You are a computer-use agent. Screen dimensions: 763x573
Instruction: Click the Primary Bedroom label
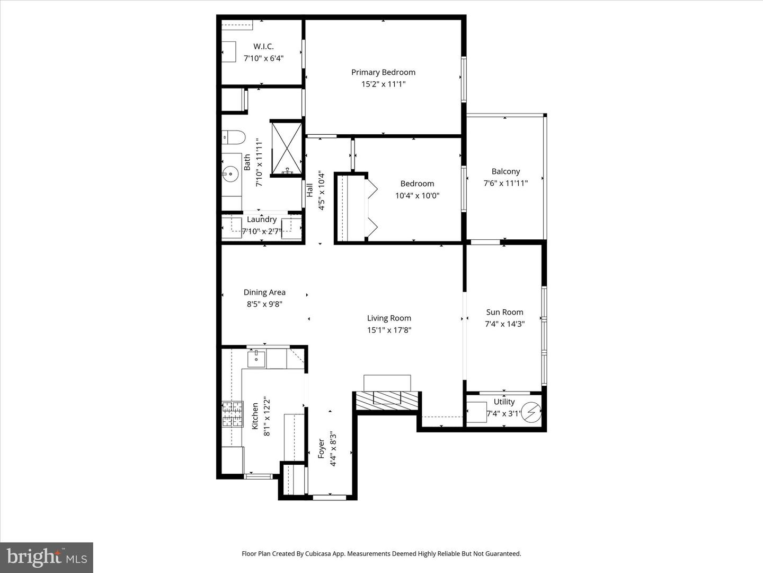(383, 72)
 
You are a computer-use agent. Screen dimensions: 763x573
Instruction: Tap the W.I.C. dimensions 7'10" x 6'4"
(263, 58)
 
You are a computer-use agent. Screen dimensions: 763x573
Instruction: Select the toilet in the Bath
(233, 137)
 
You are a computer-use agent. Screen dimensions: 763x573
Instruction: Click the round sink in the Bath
(230, 174)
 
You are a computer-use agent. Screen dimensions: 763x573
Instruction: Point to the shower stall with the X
(287, 148)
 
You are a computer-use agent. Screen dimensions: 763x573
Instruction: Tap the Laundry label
(262, 219)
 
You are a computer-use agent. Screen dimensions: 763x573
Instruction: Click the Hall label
(309, 190)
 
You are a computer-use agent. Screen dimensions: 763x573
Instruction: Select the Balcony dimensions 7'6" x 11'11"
(505, 183)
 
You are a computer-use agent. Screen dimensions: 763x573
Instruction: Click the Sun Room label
(504, 312)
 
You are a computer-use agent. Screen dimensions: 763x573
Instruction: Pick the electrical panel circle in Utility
(531, 412)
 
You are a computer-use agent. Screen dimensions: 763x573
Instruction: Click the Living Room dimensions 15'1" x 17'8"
(389, 330)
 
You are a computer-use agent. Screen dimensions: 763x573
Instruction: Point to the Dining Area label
(264, 292)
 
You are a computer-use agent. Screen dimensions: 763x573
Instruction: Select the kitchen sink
(256, 359)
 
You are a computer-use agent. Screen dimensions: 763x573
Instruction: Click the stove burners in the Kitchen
(233, 414)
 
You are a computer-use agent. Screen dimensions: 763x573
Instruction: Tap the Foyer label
(321, 448)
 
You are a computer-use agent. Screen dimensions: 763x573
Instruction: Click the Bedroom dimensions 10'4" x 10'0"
(417, 196)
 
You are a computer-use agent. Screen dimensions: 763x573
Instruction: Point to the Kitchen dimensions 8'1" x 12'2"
(267, 416)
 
